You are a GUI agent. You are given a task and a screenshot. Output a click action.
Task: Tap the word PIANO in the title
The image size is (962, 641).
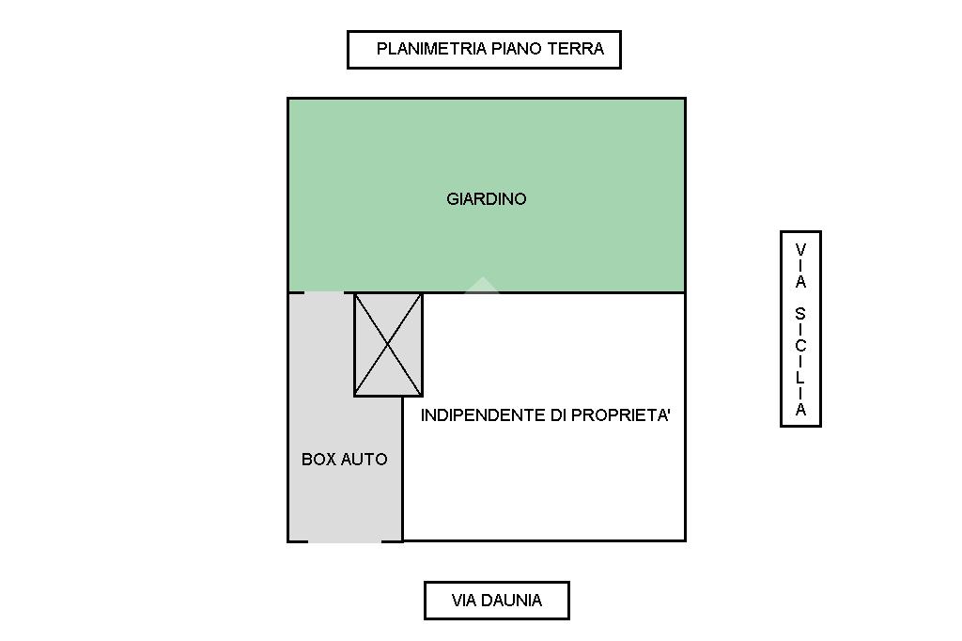click(516, 49)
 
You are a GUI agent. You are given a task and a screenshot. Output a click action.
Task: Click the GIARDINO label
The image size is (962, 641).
click(486, 199)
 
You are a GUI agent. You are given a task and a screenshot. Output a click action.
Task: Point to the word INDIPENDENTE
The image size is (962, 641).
click(483, 415)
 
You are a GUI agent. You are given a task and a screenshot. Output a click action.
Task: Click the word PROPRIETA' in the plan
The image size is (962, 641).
click(624, 415)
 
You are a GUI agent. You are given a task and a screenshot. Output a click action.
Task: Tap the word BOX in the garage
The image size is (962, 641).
click(318, 460)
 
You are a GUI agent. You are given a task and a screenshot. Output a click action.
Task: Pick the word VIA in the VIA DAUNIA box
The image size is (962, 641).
click(465, 601)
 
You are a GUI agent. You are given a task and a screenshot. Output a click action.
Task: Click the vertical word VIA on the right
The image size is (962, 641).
click(800, 266)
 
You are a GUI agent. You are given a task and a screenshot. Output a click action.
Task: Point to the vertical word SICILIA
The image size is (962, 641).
click(800, 362)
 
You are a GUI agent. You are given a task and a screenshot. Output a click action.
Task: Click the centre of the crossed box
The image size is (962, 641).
click(388, 344)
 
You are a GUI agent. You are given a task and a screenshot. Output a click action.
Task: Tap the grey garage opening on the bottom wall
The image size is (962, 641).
click(345, 540)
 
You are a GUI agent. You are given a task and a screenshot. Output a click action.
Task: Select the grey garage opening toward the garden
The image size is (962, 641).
click(325, 292)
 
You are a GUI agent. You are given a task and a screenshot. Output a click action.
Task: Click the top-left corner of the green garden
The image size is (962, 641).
click(288, 99)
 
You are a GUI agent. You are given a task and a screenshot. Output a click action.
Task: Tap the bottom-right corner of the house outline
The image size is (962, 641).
click(685, 540)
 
